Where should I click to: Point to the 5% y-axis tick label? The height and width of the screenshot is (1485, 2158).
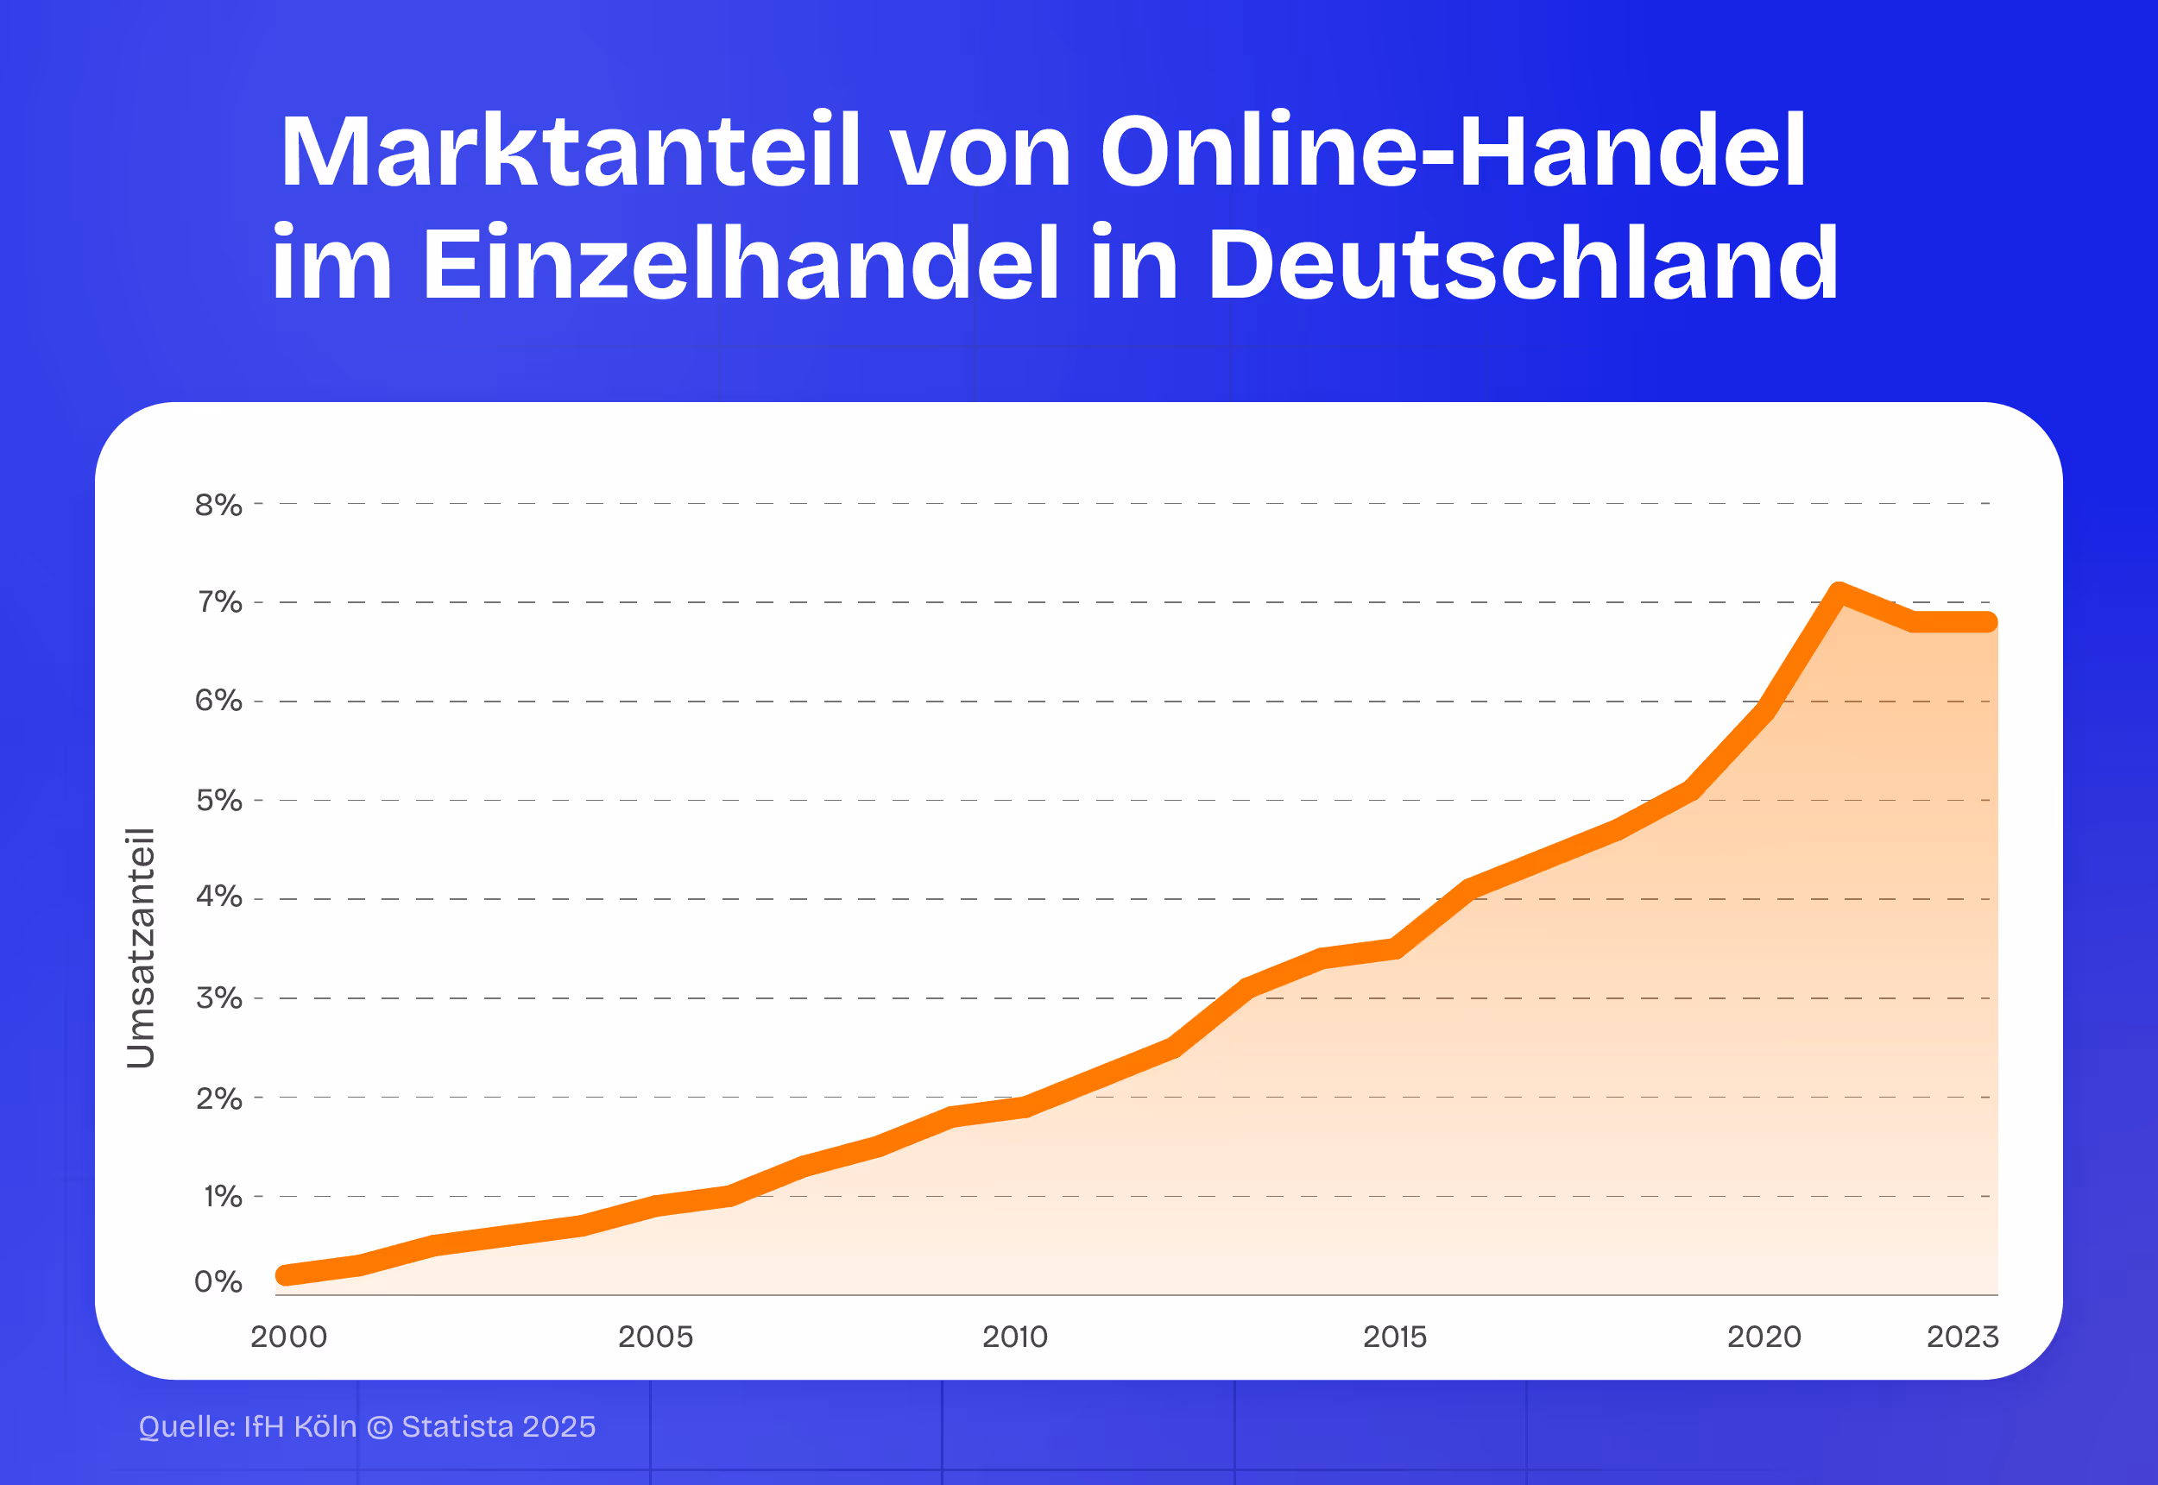pyautogui.click(x=218, y=801)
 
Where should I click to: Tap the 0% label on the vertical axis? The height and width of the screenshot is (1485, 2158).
pyautogui.click(x=218, y=1283)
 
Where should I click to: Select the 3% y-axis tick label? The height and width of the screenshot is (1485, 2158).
pyautogui.click(x=218, y=999)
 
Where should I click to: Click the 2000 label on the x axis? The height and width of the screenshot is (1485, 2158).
pyautogui.click(x=288, y=1337)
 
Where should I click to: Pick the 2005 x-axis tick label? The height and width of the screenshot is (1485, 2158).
pyautogui.click(x=655, y=1337)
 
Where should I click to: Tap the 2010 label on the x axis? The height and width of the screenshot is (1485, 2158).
pyautogui.click(x=1014, y=1337)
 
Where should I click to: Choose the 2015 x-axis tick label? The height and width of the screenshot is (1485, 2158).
pyautogui.click(x=1394, y=1337)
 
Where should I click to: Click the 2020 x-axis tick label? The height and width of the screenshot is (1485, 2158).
pyautogui.click(x=1764, y=1337)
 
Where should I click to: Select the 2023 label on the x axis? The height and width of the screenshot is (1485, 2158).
pyautogui.click(x=1962, y=1337)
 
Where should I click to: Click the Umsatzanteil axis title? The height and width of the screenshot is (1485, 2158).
pyautogui.click(x=141, y=947)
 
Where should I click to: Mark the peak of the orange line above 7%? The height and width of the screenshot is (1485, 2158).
pyautogui.click(x=1839, y=592)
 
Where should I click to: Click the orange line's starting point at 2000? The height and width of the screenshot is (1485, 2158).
pyautogui.click(x=286, y=1274)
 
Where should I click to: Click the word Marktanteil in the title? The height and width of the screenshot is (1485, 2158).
pyautogui.click(x=570, y=153)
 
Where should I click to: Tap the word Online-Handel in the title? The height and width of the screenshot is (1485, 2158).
pyautogui.click(x=1452, y=153)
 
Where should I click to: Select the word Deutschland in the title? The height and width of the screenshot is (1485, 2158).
pyautogui.click(x=1523, y=264)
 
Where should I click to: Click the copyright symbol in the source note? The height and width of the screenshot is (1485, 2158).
pyautogui.click(x=379, y=1427)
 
